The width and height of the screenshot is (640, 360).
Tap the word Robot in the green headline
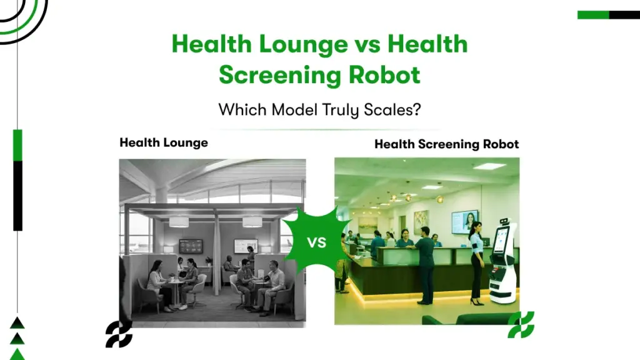click(x=381, y=75)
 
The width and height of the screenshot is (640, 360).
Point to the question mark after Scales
click(x=416, y=110)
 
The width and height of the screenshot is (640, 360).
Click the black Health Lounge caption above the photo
click(x=164, y=142)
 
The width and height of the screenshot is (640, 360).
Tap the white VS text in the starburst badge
click(x=317, y=242)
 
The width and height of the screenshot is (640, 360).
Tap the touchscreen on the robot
click(x=500, y=241)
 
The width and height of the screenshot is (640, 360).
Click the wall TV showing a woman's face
click(x=464, y=221)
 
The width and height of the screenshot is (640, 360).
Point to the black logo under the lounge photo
click(x=119, y=334)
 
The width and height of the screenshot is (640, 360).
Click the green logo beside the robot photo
click(x=520, y=324)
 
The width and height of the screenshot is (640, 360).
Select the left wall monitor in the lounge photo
click(x=190, y=246)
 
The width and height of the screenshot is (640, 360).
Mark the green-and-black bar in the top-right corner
click(x=608, y=15)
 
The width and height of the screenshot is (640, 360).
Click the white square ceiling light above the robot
click(x=490, y=166)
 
